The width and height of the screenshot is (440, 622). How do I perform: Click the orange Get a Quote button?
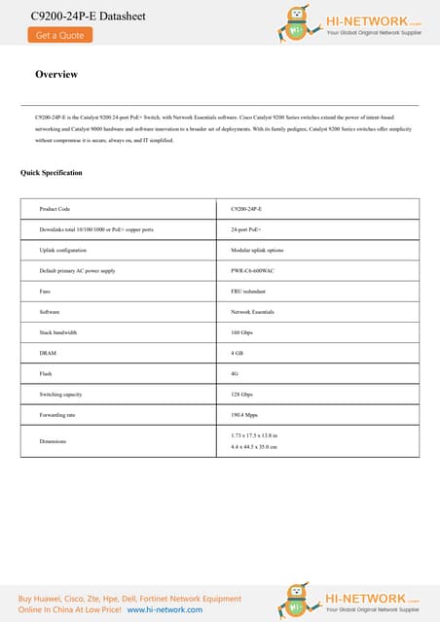coord(59,35)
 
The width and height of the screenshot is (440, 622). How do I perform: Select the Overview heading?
coord(56,75)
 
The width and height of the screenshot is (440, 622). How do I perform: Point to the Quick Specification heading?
coord(52,173)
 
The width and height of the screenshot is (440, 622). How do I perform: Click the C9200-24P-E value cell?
coord(253,209)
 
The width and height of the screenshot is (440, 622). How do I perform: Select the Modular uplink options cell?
coord(257,250)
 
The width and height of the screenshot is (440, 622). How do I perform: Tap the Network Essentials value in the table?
coord(255,312)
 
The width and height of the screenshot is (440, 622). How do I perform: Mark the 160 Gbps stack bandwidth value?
coord(242,332)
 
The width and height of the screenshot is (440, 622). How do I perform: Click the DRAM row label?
coord(48,353)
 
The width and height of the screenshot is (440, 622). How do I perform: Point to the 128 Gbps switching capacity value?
coord(242,395)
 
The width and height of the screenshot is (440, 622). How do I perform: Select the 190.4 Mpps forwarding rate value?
coord(245,415)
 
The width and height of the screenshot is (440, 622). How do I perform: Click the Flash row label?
coord(46,373)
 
